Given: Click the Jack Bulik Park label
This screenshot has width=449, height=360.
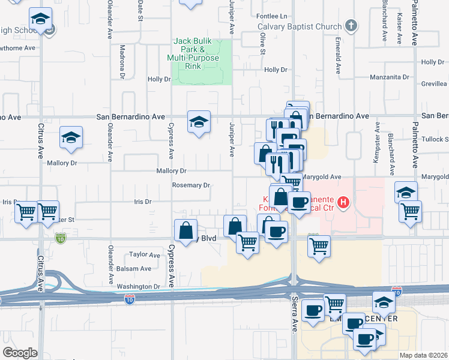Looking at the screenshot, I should pyautogui.click(x=193, y=53).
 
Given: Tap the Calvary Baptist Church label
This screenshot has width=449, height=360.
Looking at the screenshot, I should pyautogui.click(x=299, y=26).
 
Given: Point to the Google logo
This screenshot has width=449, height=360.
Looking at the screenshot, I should pyautogui.click(x=19, y=353).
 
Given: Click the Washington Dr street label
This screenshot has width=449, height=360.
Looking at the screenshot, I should pyautogui.click(x=138, y=287).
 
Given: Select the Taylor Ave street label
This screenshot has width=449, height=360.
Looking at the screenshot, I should pyautogui.click(x=145, y=255).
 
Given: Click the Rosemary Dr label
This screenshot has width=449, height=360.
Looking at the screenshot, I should pyautogui.click(x=191, y=185).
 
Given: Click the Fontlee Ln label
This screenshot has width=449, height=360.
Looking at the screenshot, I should pyautogui.click(x=271, y=16).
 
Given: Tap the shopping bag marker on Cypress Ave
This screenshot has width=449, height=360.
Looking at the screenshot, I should pyautogui.click(x=186, y=230).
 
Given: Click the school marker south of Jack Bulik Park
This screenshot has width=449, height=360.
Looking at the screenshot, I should pyautogui.click(x=199, y=122).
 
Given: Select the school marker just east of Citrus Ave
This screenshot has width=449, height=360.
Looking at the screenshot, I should pyautogui.click(x=71, y=137).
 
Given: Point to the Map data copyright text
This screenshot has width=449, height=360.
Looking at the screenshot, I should pyautogui.click(x=424, y=355).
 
